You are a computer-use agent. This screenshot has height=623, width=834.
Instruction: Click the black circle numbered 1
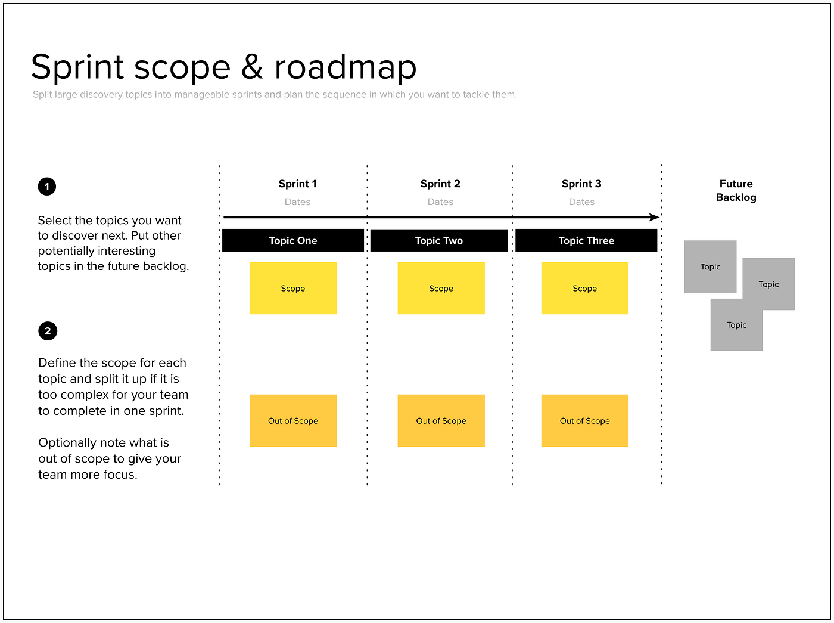(x=47, y=187)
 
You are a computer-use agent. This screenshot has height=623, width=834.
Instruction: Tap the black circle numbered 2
(x=48, y=331)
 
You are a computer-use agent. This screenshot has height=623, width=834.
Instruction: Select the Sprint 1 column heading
(x=297, y=184)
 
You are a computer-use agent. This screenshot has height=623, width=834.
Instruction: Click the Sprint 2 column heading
(x=440, y=184)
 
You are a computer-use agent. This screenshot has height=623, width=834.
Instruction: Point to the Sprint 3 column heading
(x=581, y=184)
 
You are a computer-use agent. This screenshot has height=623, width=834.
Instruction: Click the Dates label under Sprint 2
(x=440, y=202)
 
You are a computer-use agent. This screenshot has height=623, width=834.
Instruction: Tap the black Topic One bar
(x=292, y=240)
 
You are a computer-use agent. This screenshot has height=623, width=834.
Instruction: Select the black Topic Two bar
(x=439, y=240)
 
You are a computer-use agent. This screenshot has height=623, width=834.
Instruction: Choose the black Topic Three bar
(x=586, y=240)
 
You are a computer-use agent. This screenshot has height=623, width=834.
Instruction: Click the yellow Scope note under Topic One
(x=292, y=288)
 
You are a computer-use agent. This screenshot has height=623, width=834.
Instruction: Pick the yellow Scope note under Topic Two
(x=441, y=288)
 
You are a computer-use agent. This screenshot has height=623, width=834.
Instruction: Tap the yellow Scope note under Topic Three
(x=584, y=288)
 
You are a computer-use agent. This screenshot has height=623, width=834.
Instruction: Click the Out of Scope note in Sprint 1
(x=292, y=420)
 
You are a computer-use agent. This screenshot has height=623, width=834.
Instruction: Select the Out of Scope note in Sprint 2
(x=441, y=420)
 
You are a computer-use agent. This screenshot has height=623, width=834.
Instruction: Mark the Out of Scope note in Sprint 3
(x=584, y=420)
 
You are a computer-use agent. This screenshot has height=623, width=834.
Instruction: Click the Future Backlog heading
(x=736, y=190)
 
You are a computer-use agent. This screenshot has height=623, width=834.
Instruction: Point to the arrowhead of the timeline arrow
(x=655, y=218)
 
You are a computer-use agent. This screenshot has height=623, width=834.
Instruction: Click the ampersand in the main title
(x=252, y=67)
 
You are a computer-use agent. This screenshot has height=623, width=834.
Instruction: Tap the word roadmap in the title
(x=345, y=68)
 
